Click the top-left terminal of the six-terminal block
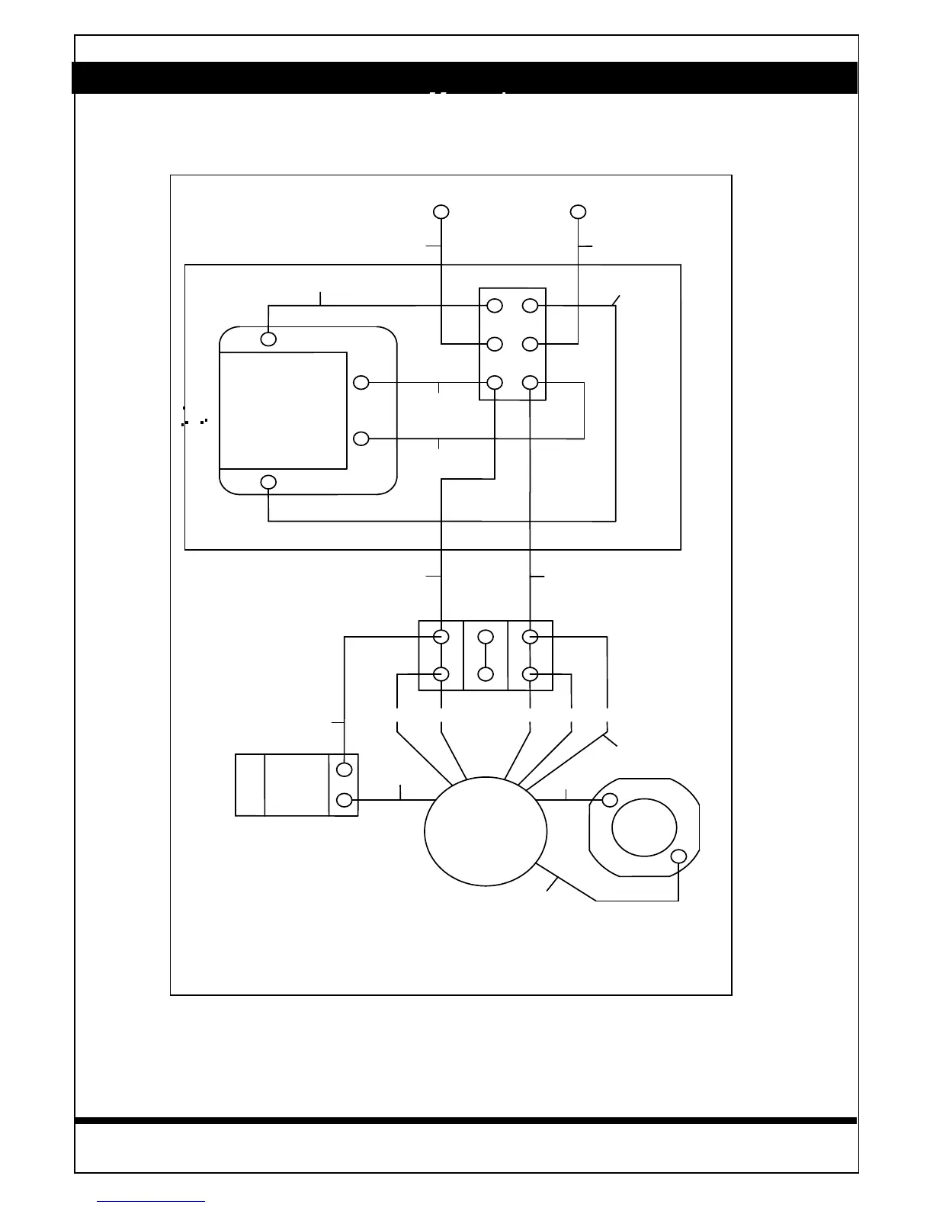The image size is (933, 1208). click(495, 306)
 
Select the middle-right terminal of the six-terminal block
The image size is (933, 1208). click(531, 344)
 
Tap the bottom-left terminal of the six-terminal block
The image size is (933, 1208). click(495, 382)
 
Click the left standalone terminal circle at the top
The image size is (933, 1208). click(441, 211)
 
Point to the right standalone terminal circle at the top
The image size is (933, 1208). click(579, 211)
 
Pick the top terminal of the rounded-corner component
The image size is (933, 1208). click(268, 338)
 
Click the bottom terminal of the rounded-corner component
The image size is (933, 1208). click(268, 482)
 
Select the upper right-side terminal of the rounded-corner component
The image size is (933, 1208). click(362, 382)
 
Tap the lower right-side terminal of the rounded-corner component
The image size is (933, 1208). click(362, 439)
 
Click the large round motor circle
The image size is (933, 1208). click(486, 831)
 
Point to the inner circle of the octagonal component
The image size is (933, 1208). click(644, 827)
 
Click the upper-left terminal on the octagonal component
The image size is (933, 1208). click(610, 800)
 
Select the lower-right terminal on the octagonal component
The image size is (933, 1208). click(678, 856)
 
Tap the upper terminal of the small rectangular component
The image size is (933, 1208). click(345, 769)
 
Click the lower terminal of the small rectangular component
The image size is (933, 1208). click(345, 800)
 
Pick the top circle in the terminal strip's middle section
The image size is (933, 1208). click(486, 637)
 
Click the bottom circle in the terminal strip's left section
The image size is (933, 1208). click(441, 674)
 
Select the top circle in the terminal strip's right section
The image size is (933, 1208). click(531, 637)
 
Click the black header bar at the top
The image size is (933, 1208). click(465, 77)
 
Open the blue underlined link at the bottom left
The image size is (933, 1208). click(151, 1202)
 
